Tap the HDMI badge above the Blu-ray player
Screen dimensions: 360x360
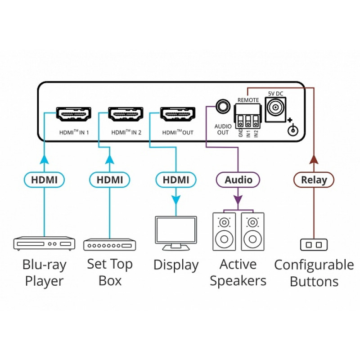tap(44, 180)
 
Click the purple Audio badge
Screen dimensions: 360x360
tap(238, 180)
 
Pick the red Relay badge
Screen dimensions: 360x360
tap(314, 180)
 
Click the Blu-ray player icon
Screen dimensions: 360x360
tap(44, 243)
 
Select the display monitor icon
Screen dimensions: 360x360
tap(175, 232)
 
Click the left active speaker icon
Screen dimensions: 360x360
tap(224, 231)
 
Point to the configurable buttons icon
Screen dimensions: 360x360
tap(314, 244)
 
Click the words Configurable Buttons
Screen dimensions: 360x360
tap(314, 273)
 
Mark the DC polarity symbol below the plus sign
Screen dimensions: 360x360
tap(293, 130)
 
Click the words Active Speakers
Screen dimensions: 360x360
tap(238, 273)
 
